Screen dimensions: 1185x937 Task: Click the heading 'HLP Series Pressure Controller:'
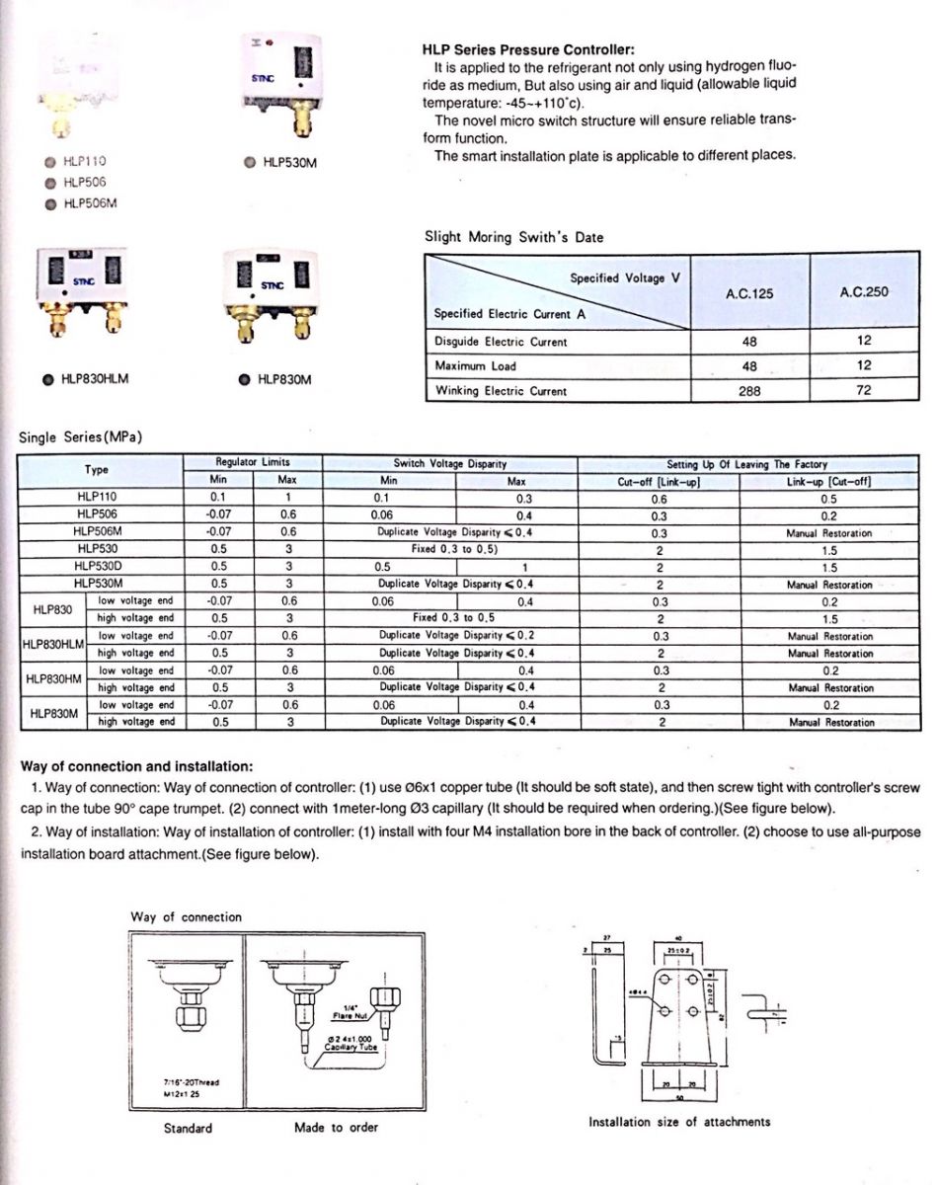[x=528, y=49]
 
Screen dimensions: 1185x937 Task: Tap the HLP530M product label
[x=289, y=164]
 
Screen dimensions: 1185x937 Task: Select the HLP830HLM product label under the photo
[x=95, y=378]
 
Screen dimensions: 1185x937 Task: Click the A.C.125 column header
[x=749, y=292]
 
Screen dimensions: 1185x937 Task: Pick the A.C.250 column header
[x=864, y=292]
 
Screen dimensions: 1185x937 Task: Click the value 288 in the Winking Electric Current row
[x=749, y=391]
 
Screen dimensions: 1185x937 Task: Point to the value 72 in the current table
[x=864, y=391]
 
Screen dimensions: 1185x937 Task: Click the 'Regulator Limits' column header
[x=253, y=462]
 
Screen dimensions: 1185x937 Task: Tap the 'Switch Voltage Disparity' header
[x=450, y=463]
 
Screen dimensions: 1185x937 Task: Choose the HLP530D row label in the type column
[x=97, y=567]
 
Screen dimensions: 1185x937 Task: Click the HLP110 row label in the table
[x=97, y=498]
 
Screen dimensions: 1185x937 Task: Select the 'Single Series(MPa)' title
[x=81, y=437]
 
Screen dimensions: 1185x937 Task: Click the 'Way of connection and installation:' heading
[x=136, y=766]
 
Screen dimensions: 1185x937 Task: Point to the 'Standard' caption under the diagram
[x=187, y=1128]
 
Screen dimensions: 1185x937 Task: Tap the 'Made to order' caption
[x=336, y=1127]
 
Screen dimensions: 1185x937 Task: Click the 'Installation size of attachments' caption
[x=679, y=1122]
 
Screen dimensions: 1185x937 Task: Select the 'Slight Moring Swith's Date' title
[x=513, y=237]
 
